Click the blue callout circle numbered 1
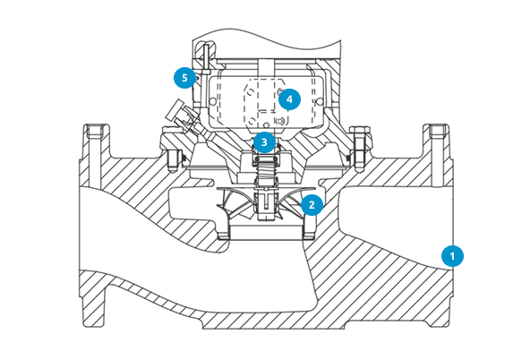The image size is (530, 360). click(x=452, y=256)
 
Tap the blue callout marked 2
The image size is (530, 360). click(x=312, y=204)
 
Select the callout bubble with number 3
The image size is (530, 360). click(x=264, y=142)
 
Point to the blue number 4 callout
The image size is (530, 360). click(x=289, y=99)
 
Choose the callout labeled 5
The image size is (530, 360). click(x=184, y=78)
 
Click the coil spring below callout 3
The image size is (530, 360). click(x=266, y=173)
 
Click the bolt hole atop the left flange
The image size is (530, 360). click(x=97, y=132)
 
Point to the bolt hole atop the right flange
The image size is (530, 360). click(x=439, y=132)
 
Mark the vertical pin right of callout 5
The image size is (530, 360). click(x=206, y=59)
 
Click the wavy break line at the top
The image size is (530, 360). click(x=267, y=38)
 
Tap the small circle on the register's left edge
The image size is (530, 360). click(x=212, y=101)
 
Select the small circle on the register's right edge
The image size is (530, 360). click(x=320, y=101)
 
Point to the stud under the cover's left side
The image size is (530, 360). click(x=171, y=160)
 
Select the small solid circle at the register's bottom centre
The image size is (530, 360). click(x=267, y=124)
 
